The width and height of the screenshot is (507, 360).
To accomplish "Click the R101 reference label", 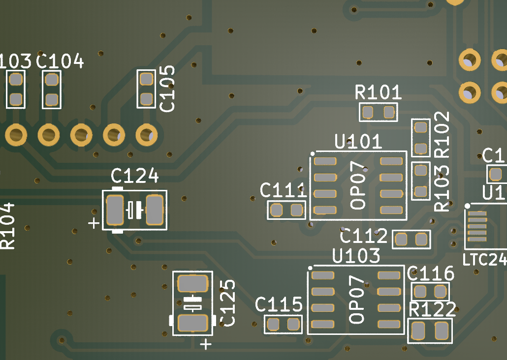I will (x=378, y=92).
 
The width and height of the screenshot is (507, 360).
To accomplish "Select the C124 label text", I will (x=134, y=176).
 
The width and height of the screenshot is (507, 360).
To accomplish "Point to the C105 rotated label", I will (x=168, y=89).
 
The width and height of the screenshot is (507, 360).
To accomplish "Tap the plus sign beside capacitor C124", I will (x=94, y=224).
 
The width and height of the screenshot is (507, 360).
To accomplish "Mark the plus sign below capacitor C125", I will (x=206, y=343).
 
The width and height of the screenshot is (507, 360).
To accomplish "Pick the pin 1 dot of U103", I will (x=310, y=268).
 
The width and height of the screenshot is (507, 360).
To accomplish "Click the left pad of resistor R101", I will (x=368, y=113).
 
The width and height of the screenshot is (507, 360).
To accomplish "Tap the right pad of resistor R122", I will (x=442, y=331).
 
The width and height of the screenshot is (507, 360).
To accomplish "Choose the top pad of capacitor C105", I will (x=146, y=79).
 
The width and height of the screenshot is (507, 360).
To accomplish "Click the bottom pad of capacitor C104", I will (x=51, y=100).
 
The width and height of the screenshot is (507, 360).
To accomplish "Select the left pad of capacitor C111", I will (x=276, y=210).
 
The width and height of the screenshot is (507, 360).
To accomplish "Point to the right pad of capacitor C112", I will (x=421, y=240).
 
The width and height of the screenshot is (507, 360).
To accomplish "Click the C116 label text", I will (x=431, y=273).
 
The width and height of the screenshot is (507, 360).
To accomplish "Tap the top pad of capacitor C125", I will (x=192, y=284).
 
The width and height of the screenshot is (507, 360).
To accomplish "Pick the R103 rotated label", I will (x=443, y=188).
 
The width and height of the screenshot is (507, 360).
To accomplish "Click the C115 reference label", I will (x=279, y=305).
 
